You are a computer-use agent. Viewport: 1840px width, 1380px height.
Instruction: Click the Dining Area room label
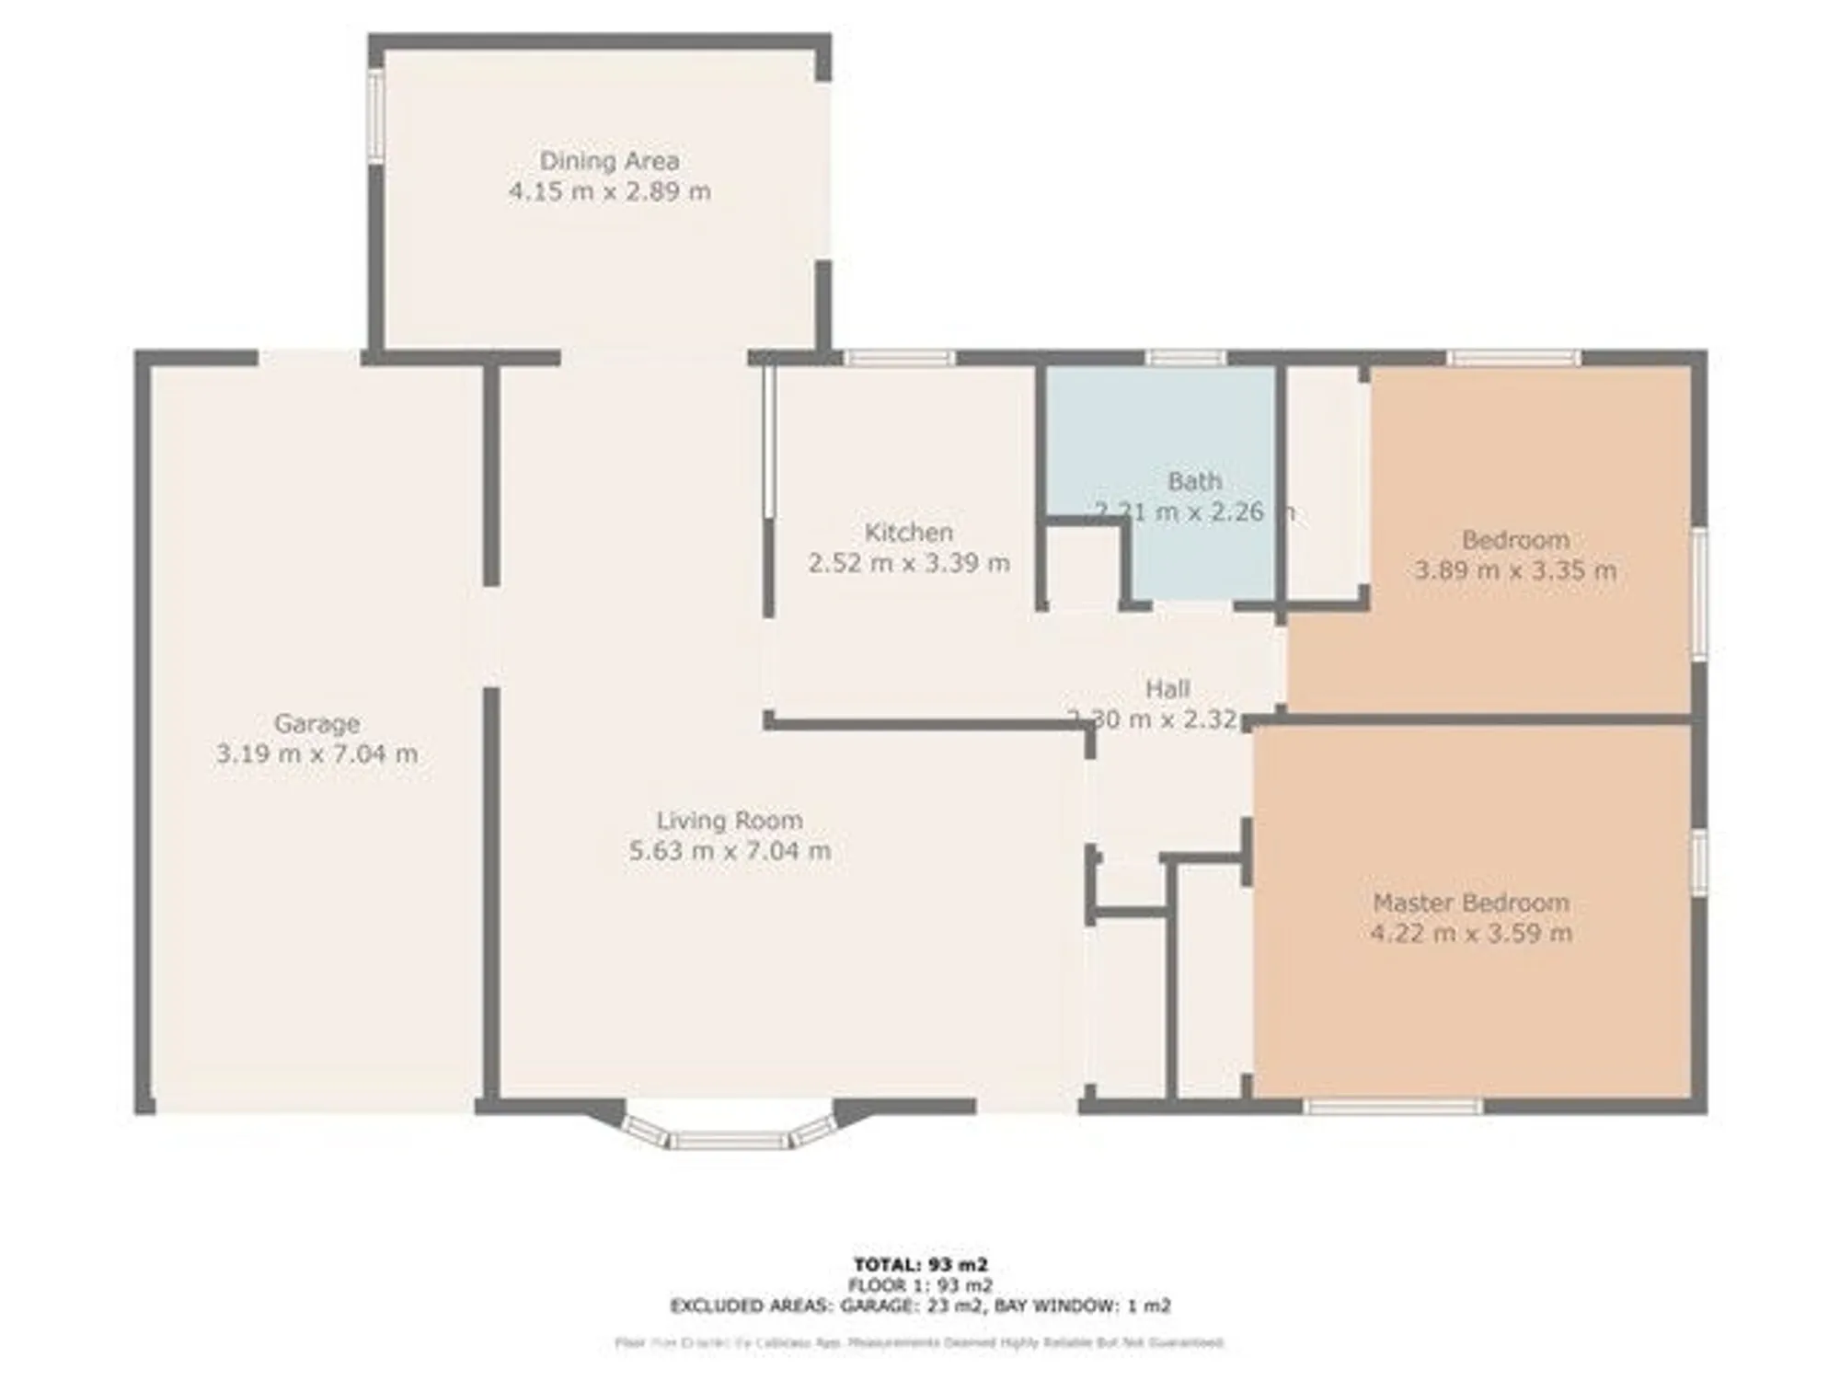(609, 161)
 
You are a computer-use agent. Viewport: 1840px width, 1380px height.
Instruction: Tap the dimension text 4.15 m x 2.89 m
(609, 191)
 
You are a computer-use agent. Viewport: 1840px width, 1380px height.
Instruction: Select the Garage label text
(316, 724)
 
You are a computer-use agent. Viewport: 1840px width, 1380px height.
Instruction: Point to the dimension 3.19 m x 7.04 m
(316, 754)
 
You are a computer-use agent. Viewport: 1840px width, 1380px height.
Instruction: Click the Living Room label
(730, 820)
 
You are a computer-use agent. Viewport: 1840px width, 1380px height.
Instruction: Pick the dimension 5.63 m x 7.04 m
(730, 851)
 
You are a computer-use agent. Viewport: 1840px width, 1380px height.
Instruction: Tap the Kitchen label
(908, 532)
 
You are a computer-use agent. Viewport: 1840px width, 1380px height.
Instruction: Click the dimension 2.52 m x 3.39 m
(908, 563)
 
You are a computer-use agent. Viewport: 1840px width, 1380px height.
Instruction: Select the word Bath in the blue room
(1194, 481)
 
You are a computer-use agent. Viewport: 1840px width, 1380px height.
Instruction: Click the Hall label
(1167, 688)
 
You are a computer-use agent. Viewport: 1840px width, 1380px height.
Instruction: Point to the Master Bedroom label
(1470, 903)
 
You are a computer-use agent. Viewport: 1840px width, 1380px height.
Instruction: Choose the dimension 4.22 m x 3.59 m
(1470, 933)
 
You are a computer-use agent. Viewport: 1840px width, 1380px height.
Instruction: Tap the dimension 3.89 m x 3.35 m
(1514, 570)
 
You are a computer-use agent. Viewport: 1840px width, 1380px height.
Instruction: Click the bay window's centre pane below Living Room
(729, 1141)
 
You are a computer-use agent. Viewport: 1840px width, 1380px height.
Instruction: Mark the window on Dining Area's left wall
(375, 117)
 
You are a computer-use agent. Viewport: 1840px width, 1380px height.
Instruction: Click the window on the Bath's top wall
(1186, 358)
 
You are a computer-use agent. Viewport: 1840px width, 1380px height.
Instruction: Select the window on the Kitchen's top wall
(900, 358)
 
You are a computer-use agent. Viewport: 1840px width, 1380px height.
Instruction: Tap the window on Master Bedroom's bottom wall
(1393, 1107)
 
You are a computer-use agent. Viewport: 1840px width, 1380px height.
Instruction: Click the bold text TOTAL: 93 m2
(920, 1265)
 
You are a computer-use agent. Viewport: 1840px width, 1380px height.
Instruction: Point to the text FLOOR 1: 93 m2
(920, 1285)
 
